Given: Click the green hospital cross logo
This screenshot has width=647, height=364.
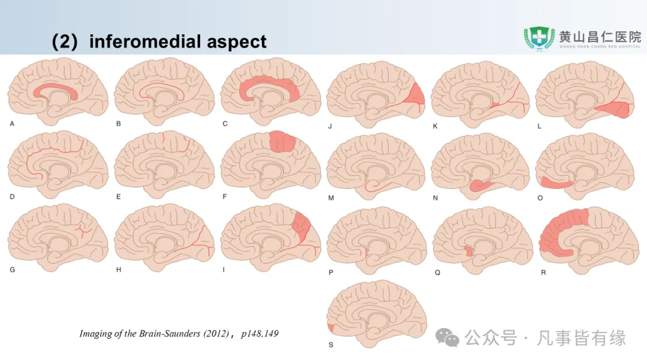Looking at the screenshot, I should (539, 38).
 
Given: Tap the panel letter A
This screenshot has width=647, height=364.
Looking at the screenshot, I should (12, 124).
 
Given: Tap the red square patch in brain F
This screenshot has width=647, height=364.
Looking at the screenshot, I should (282, 141).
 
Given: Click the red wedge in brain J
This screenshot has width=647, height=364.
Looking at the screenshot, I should (417, 95).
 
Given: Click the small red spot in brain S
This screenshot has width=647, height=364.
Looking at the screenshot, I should (331, 327).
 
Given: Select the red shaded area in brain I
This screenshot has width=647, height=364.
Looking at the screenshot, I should (303, 228).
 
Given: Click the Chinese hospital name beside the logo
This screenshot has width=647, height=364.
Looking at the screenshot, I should (600, 35).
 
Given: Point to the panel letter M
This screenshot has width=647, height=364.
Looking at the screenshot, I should (330, 197).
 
